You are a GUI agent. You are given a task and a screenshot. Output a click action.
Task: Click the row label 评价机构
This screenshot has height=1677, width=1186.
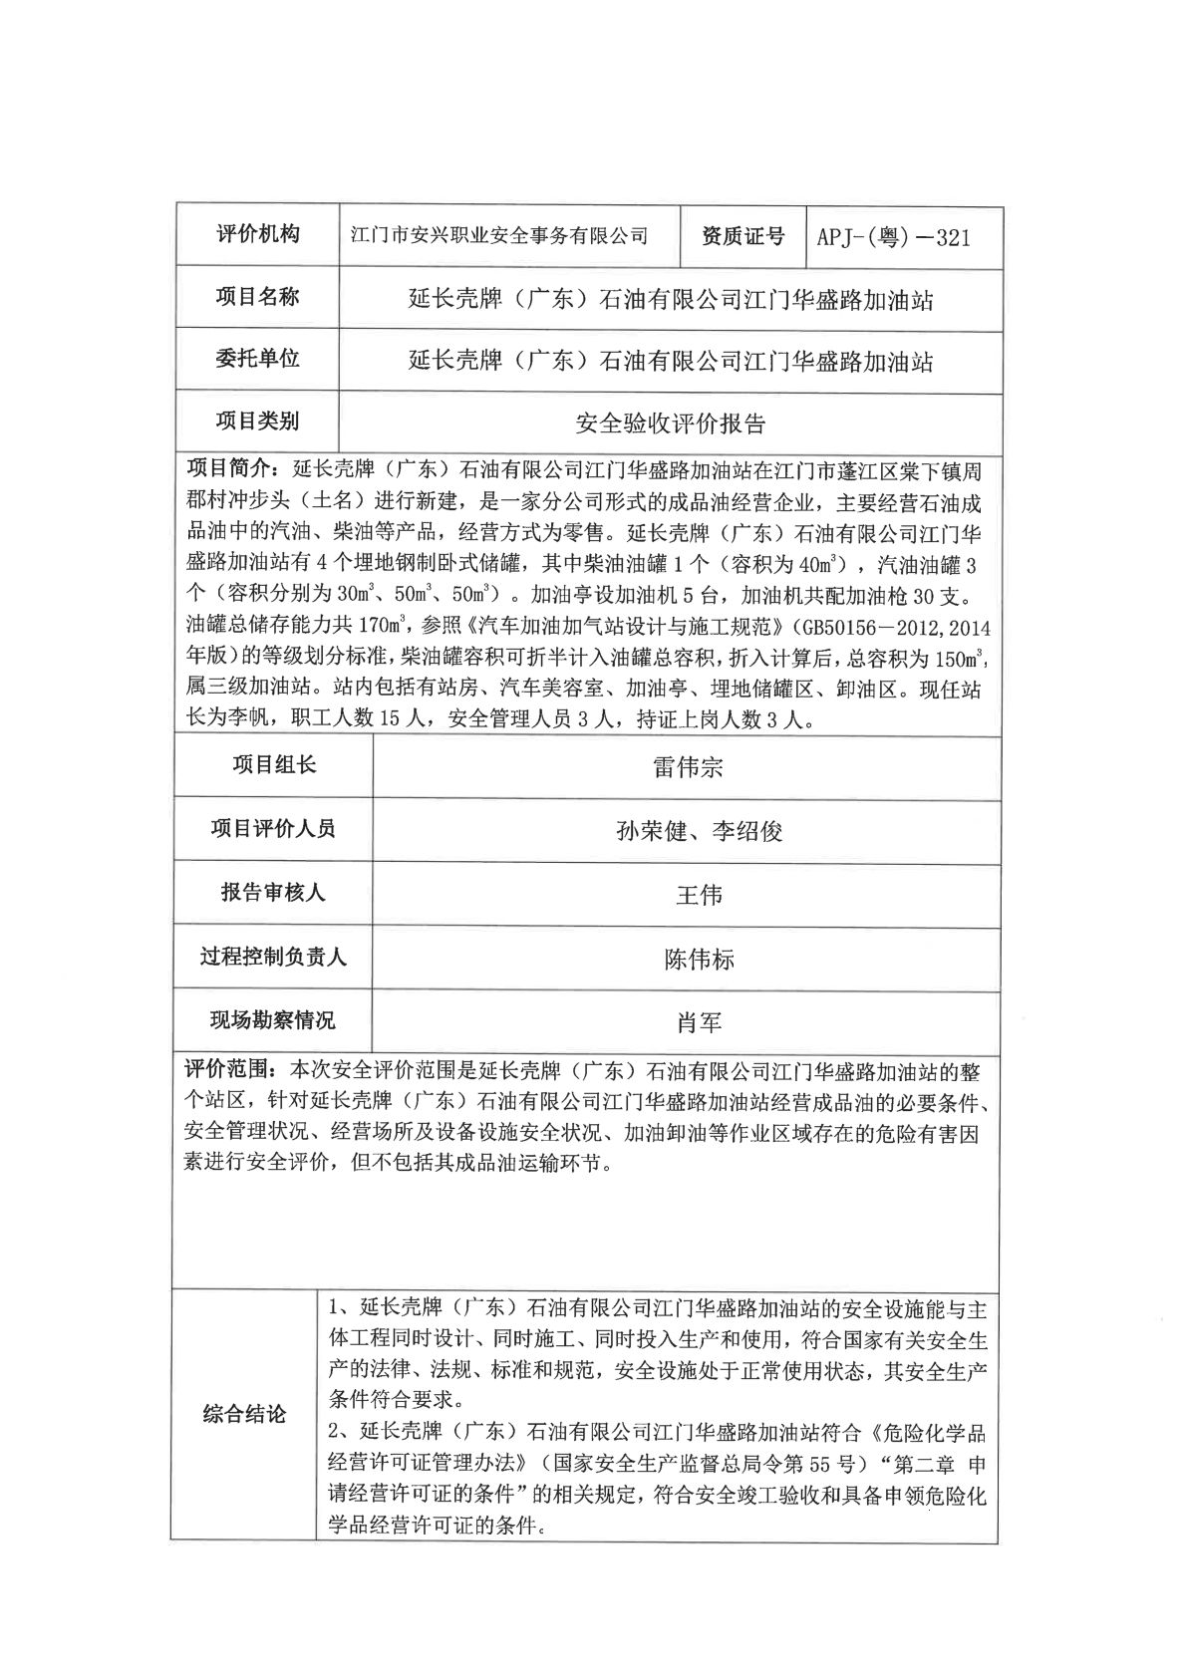(257, 235)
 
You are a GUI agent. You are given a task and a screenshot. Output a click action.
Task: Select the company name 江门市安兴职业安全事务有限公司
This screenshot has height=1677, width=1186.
(501, 236)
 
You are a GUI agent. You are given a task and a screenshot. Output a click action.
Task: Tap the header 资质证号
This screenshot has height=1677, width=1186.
(743, 236)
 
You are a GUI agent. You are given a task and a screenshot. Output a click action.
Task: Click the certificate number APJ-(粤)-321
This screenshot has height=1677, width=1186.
(893, 237)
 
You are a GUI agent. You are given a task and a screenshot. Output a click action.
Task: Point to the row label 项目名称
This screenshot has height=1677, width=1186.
(257, 297)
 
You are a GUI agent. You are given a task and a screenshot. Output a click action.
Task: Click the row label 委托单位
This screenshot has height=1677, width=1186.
(257, 359)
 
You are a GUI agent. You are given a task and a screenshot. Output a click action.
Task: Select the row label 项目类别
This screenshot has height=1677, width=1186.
(257, 420)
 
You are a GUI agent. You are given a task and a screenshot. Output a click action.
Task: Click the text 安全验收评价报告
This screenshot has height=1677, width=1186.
(671, 422)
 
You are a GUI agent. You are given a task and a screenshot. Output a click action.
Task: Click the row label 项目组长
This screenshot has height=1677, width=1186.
(273, 765)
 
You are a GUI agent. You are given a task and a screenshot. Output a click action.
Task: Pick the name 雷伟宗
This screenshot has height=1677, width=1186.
(688, 767)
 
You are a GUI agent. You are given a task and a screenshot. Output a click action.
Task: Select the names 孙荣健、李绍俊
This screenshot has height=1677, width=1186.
(700, 831)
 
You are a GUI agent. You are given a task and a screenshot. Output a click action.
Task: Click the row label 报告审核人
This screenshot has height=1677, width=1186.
(273, 893)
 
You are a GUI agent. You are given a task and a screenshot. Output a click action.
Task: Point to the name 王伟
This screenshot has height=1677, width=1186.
(699, 895)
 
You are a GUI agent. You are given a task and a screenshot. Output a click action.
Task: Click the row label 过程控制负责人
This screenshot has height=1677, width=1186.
(273, 958)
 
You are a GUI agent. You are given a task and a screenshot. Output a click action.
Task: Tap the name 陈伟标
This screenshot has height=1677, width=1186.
(699, 960)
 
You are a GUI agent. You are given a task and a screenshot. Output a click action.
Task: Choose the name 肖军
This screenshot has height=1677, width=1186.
(699, 1022)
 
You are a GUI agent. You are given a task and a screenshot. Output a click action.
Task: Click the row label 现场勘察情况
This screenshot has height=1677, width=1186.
(273, 1020)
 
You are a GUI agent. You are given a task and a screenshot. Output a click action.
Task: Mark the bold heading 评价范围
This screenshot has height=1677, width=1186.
(228, 1071)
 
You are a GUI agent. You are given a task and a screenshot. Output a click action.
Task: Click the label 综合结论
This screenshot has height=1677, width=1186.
(244, 1414)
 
